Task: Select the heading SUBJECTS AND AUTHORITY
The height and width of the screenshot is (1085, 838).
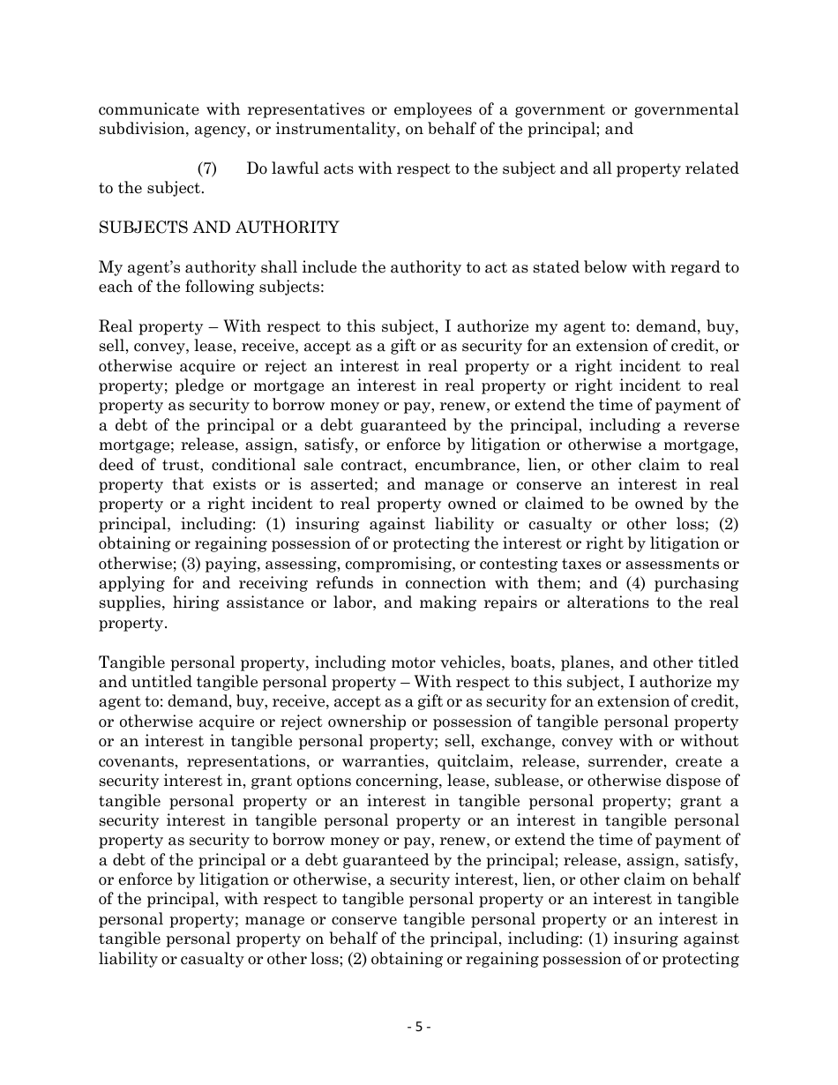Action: (219, 228)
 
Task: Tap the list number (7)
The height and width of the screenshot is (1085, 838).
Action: (207, 168)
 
